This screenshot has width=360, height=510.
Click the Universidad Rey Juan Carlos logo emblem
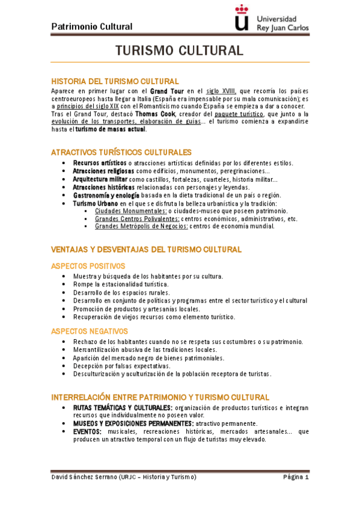242,17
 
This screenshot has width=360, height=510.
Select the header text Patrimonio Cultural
92,26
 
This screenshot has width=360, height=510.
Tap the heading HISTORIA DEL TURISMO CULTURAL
115,81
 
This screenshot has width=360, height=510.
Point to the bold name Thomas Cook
151,113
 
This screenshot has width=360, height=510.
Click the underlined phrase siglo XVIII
221,90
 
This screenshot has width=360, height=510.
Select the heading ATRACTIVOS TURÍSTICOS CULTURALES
121,152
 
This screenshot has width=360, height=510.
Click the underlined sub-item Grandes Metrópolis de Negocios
141,227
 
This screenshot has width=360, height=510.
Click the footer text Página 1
296,477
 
